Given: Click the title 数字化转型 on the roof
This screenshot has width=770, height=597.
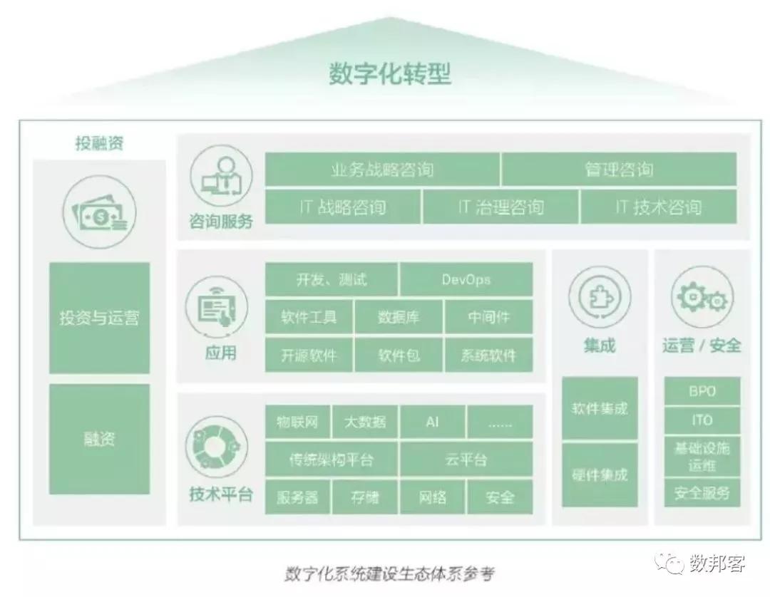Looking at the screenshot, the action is (x=389, y=73).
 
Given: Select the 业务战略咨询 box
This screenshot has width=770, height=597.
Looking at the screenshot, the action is (x=382, y=170).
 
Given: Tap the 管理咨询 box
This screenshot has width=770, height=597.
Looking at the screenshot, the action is (x=620, y=170).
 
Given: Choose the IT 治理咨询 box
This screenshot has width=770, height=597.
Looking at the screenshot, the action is (x=500, y=207).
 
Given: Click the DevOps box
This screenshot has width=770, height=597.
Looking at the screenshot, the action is (x=466, y=279).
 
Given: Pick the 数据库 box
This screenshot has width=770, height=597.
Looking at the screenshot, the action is (x=399, y=317).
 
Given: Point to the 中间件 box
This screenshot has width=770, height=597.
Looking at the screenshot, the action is (x=489, y=317).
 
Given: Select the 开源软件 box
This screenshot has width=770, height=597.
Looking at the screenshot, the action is (x=309, y=355).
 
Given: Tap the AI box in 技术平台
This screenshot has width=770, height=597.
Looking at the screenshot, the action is (x=432, y=421).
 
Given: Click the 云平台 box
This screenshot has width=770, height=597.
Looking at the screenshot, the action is (x=466, y=460).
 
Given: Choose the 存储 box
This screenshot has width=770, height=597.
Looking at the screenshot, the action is (x=365, y=497).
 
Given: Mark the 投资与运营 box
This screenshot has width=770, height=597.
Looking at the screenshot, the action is (x=99, y=318).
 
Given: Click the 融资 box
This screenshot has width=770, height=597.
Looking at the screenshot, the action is (x=99, y=439).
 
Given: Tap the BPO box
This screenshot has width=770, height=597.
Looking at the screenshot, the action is (x=702, y=391).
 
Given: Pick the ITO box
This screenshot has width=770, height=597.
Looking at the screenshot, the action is (x=702, y=420).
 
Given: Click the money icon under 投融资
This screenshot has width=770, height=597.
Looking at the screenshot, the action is (x=100, y=212).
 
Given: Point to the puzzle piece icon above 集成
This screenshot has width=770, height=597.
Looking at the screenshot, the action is (x=600, y=297).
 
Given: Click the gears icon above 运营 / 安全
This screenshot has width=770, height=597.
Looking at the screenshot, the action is (x=702, y=297).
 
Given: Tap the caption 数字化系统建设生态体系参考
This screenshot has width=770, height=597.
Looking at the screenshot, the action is (x=389, y=573).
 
